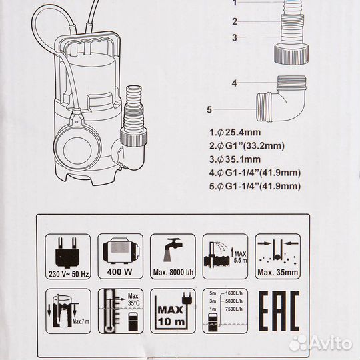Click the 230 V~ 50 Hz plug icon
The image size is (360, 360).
68,256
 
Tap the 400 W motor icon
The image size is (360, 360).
121,256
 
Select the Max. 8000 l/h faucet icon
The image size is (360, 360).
173,256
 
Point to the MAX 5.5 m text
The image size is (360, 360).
241,257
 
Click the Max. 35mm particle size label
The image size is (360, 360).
278,273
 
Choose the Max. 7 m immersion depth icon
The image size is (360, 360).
68,311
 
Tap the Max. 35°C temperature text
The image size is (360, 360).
134,299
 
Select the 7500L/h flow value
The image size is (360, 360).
234,309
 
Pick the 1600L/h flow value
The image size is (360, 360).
234,293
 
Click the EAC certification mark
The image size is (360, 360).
279,311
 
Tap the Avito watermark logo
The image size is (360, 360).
321,344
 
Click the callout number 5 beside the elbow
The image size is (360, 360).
209,109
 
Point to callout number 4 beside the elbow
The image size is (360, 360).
234,83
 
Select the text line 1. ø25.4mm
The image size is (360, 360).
235,133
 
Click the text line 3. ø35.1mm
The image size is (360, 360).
235,159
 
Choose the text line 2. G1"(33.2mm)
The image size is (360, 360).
247,146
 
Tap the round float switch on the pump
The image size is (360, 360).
77,149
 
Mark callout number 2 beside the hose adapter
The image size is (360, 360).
235,21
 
